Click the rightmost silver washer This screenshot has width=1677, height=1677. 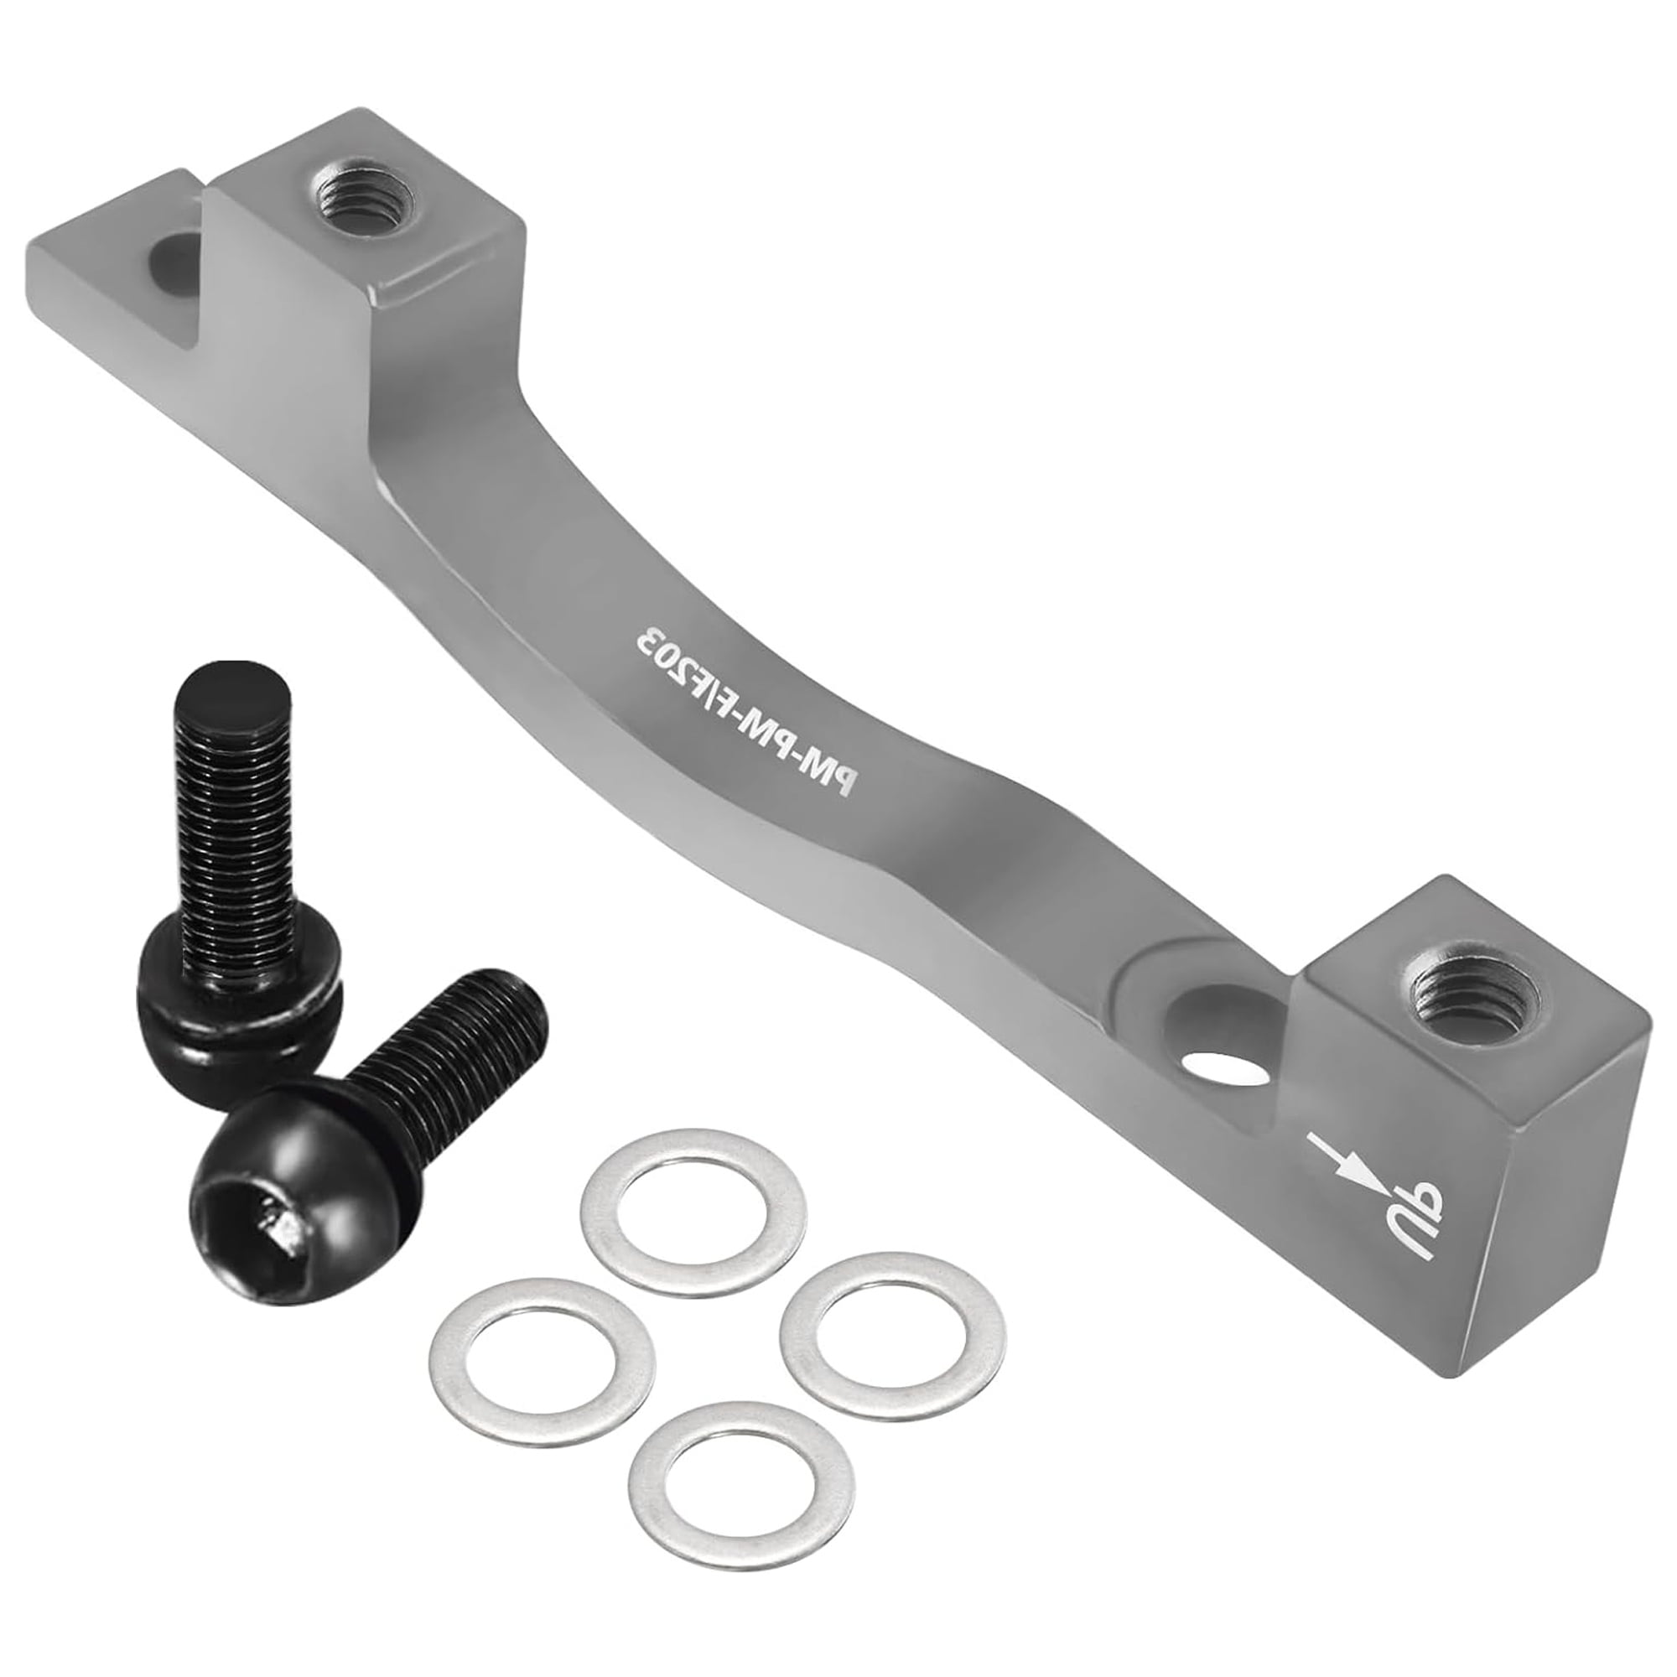tap(893, 1332)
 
